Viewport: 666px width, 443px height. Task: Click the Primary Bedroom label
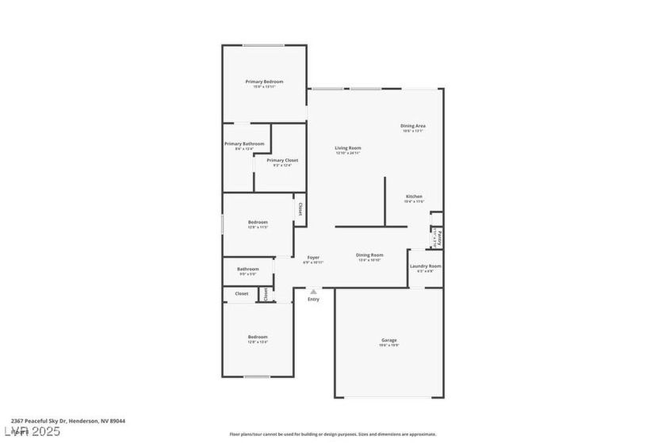[264, 82]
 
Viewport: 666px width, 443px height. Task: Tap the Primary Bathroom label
[244, 143]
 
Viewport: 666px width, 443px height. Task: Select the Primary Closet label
[282, 160]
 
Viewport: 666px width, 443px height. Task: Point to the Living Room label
[348, 148]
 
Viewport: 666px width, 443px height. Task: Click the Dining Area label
[413, 126]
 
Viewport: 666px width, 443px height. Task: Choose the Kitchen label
[415, 197]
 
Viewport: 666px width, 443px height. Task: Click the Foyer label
[314, 257]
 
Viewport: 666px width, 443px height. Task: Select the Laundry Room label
[426, 266]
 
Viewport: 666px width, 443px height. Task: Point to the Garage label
[388, 340]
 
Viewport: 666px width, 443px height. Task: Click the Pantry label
[435, 236]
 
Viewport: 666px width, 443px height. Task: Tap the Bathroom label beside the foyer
[248, 269]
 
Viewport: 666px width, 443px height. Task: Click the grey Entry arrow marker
[314, 292]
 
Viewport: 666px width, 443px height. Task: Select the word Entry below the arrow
[314, 299]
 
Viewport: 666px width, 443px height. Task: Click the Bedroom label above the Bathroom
[258, 222]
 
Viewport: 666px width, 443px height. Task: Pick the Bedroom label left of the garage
[258, 337]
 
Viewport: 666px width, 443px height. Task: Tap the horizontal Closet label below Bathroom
[241, 293]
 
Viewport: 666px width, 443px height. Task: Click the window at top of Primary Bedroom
[264, 45]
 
